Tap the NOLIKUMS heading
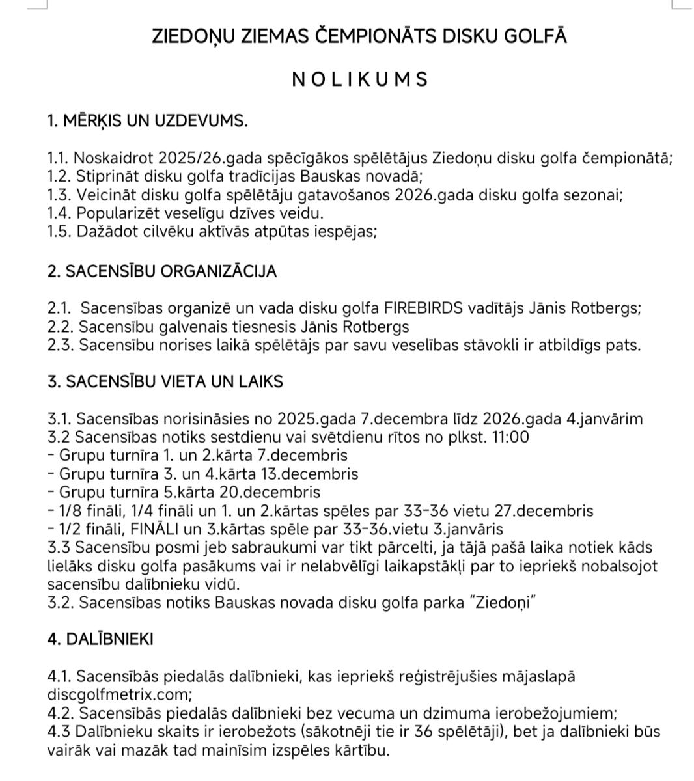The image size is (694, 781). [359, 79]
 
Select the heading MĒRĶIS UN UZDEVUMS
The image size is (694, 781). [148, 121]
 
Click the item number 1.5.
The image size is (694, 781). [59, 231]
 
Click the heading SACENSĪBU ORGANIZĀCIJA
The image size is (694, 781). [162, 271]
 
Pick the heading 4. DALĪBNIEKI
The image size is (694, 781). [100, 639]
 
